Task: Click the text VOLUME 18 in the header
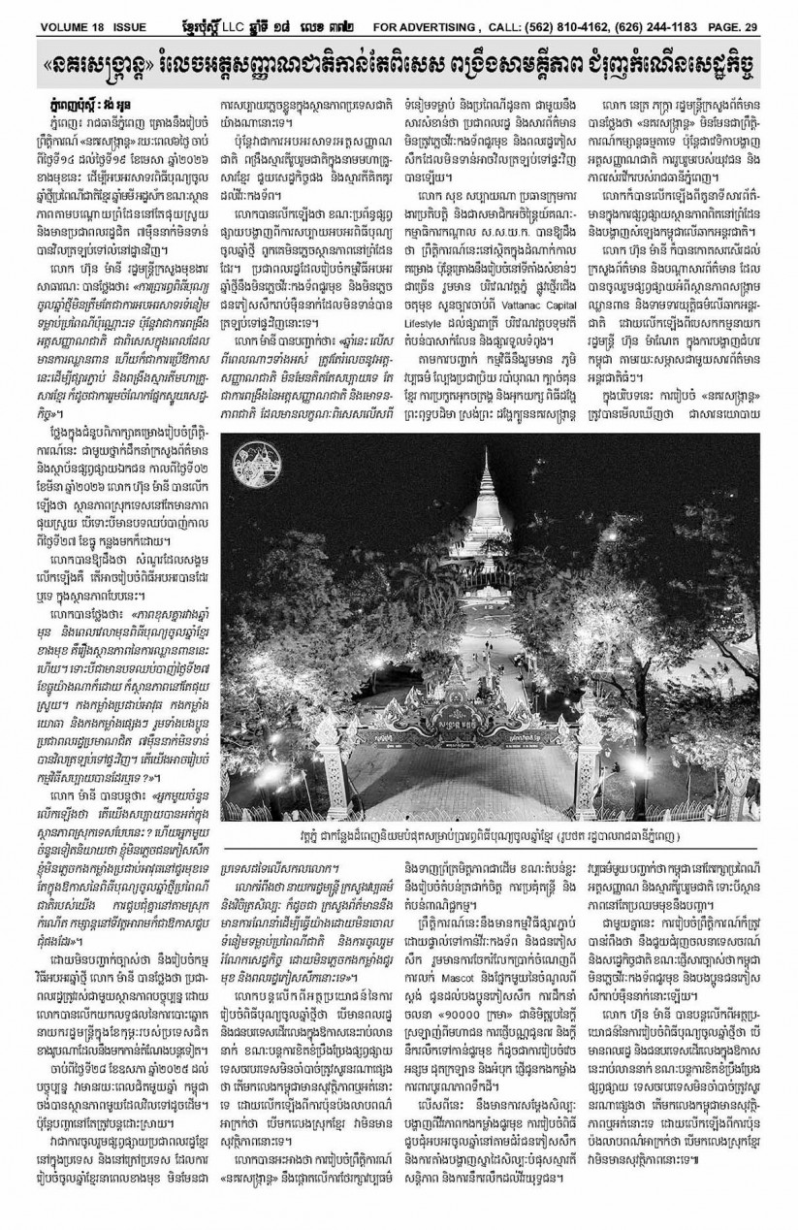pyautogui.click(x=51, y=13)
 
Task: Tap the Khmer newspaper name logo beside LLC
pyautogui.click(x=200, y=13)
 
